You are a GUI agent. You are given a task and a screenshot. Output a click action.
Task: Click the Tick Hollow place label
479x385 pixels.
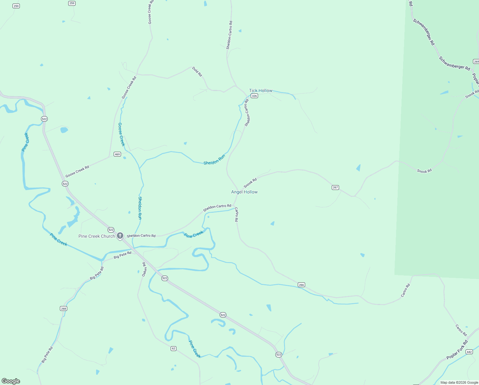[261, 90]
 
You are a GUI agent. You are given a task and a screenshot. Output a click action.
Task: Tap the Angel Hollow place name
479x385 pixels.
[244, 192]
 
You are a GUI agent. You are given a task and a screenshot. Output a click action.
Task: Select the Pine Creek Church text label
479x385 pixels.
[96, 236]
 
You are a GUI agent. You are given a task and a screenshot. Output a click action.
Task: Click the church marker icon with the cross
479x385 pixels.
[120, 236]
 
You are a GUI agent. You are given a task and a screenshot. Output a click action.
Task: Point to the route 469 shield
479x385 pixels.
[118, 154]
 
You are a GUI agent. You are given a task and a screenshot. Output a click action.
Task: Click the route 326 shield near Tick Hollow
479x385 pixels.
[254, 96]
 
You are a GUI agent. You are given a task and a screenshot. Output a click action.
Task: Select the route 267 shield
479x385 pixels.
[335, 187]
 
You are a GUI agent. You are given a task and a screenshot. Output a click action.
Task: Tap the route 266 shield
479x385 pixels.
[301, 285]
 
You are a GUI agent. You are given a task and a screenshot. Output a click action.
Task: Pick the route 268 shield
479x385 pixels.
[63, 309]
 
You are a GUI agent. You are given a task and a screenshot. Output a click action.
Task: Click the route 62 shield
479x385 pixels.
[174, 348]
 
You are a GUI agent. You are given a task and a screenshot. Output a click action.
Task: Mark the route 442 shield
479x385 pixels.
[469, 352]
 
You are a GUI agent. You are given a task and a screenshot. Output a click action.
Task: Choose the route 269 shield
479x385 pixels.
[476, 62]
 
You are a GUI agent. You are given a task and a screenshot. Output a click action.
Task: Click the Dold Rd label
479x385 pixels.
[197, 72]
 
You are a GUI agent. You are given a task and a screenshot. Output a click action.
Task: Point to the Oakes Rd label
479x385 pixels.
[144, 269]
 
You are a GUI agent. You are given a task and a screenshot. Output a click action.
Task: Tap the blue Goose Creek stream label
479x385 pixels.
[121, 134]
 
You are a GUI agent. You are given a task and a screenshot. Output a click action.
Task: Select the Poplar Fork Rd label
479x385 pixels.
[457, 350]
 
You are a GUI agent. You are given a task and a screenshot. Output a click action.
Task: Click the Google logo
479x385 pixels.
[11, 381]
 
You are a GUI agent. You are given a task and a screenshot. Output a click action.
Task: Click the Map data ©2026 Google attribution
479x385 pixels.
[459, 382]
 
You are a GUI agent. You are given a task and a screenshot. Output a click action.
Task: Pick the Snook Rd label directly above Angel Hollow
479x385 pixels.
[250, 183]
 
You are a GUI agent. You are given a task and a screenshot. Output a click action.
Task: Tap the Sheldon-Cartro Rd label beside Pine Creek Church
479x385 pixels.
[141, 236]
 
